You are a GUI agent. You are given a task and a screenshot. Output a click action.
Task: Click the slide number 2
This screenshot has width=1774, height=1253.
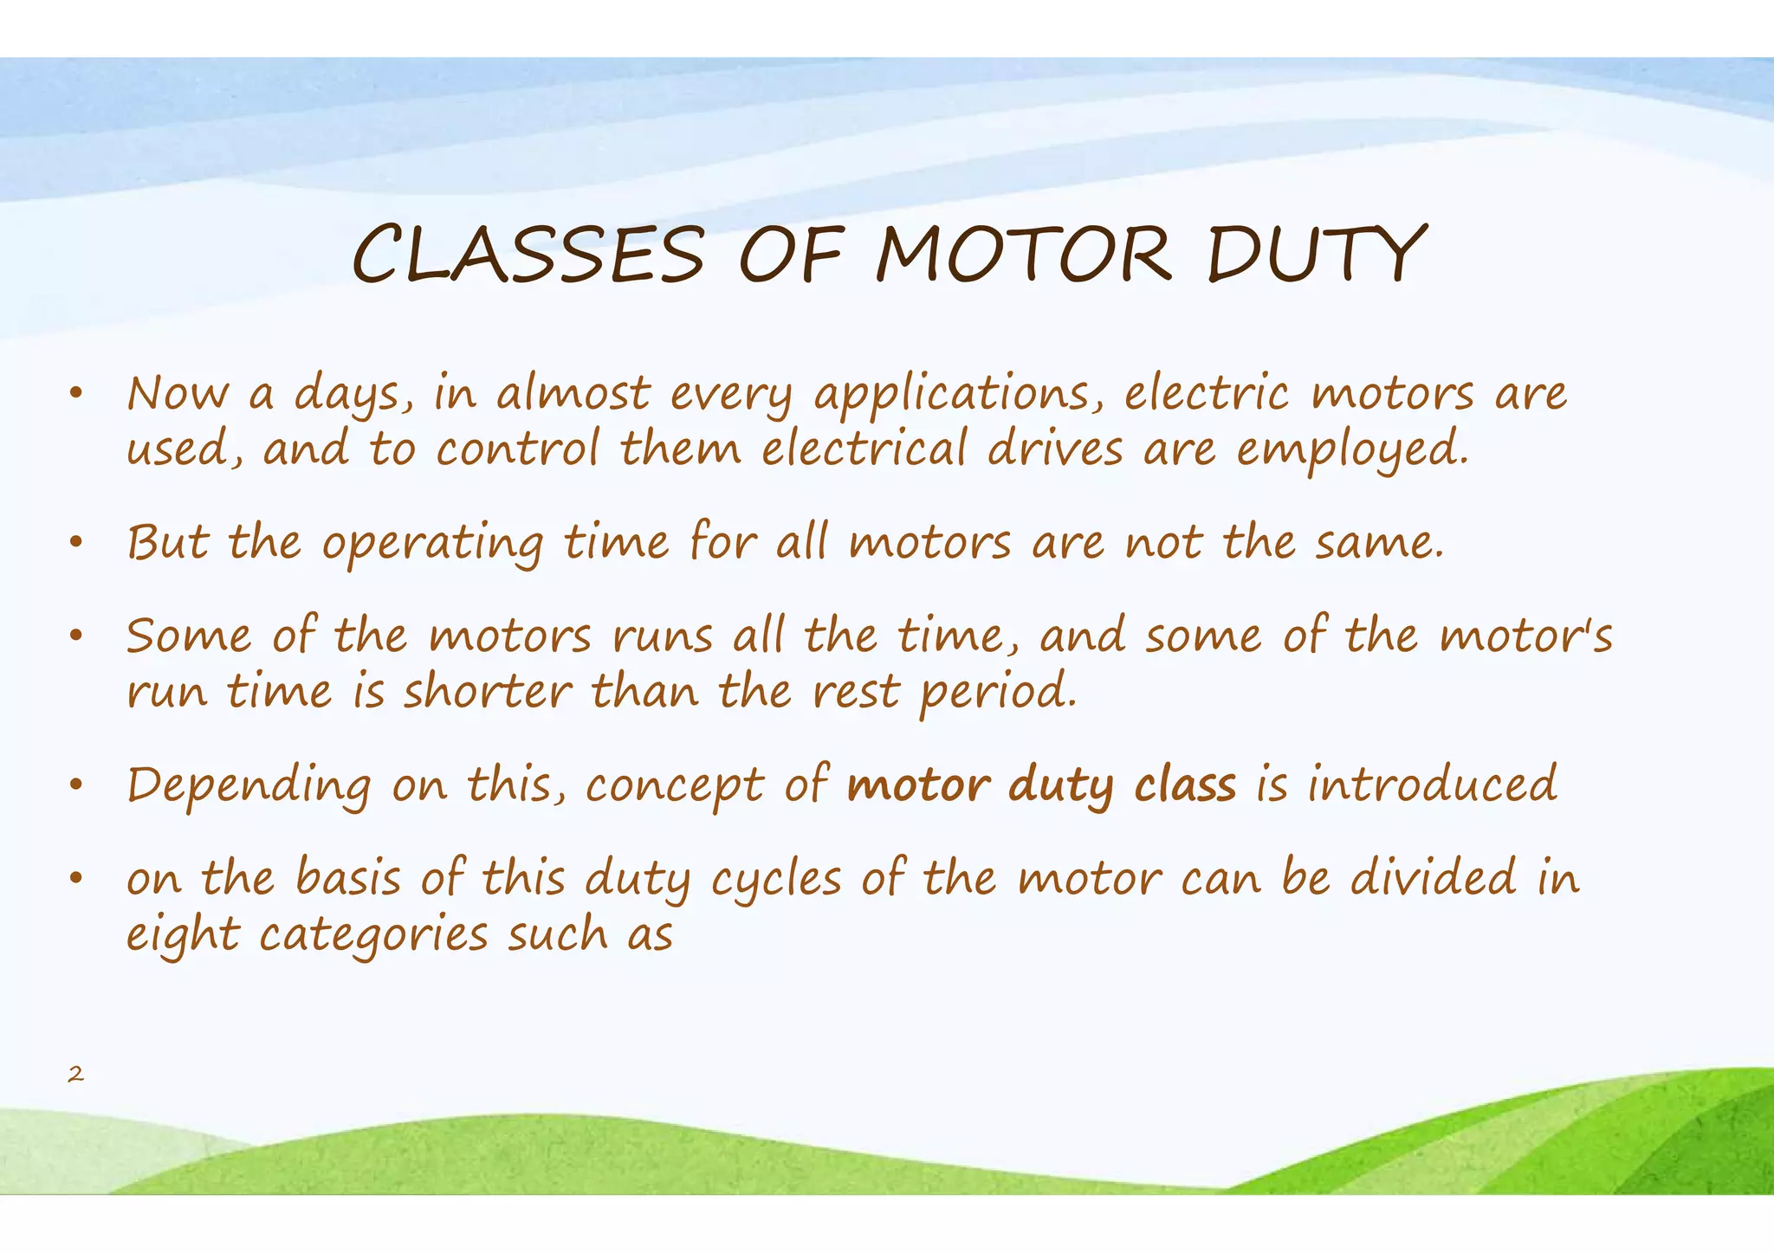76,1075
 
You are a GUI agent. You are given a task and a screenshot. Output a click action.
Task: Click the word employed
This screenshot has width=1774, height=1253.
1352,450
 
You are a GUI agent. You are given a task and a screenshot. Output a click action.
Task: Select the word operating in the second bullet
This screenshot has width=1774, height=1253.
432,545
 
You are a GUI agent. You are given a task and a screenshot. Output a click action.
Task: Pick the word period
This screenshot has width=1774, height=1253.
998,693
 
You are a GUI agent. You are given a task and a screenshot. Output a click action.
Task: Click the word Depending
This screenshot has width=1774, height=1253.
249,786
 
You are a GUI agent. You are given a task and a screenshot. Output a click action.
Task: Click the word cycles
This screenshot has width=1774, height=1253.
775,880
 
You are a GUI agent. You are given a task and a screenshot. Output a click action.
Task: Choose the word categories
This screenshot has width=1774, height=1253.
373,936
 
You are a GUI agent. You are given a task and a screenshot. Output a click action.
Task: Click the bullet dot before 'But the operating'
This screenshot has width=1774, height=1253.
76,544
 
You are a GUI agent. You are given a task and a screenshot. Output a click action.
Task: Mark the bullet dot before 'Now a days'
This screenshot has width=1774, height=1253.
76,395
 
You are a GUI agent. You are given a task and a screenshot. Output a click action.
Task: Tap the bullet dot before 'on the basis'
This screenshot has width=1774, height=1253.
76,879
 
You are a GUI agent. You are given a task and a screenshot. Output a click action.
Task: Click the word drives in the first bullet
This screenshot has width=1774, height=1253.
1054,450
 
